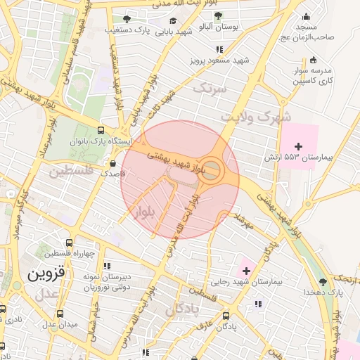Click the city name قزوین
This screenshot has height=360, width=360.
(x=45, y=274)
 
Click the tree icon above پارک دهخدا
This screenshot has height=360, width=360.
(x=323, y=282)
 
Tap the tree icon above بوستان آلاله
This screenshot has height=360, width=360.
(x=219, y=16)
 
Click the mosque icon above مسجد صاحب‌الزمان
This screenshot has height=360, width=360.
(x=306, y=18)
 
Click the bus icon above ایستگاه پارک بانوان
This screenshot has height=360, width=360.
(x=101, y=131)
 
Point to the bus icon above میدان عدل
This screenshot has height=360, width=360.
(x=60, y=314)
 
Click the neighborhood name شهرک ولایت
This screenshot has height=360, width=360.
(x=255, y=115)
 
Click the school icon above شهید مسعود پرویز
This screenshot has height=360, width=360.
(x=220, y=50)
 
